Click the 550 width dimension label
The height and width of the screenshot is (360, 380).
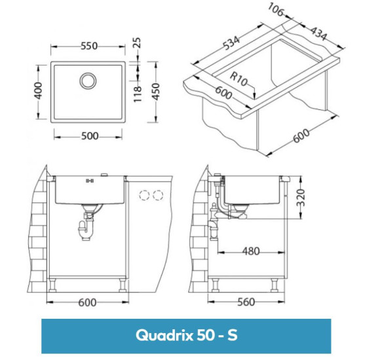tap(88, 46)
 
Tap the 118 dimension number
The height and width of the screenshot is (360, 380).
tap(140, 93)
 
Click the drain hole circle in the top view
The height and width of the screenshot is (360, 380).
tap(88, 81)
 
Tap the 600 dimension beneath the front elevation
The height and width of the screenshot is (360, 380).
tap(88, 302)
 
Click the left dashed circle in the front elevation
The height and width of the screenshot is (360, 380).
tap(146, 196)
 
